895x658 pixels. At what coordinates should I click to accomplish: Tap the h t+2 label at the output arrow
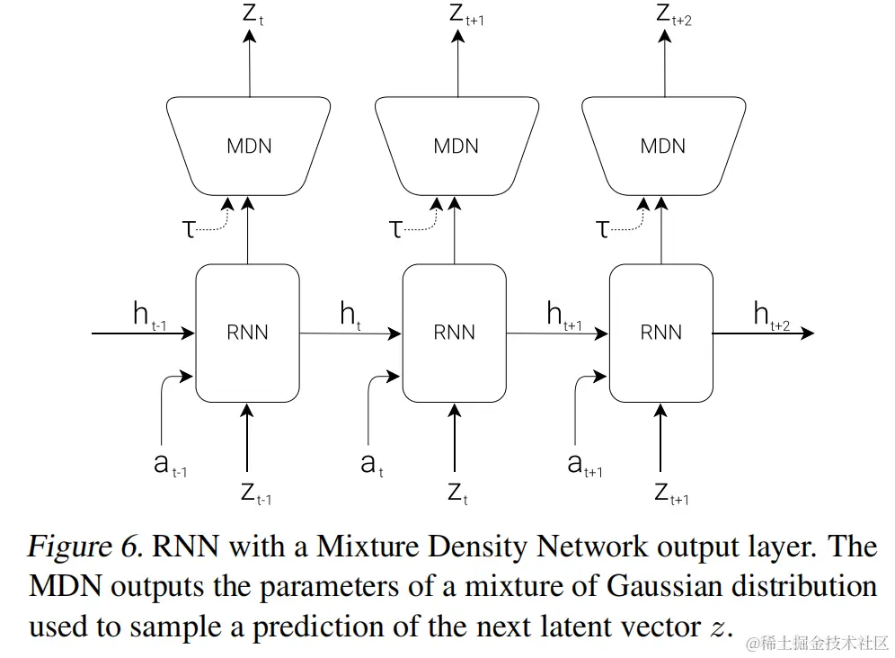pyautogui.click(x=770, y=316)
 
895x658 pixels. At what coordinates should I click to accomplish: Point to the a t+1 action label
pyautogui.click(x=584, y=465)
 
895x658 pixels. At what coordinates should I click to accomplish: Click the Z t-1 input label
pyautogui.click(x=255, y=493)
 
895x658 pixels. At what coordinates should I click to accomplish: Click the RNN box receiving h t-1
pyautogui.click(x=247, y=333)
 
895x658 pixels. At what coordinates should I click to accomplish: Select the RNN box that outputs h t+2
pyautogui.click(x=660, y=333)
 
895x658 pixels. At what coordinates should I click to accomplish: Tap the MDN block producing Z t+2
pyautogui.click(x=662, y=146)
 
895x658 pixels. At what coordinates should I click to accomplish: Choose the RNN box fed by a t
pyautogui.click(x=454, y=333)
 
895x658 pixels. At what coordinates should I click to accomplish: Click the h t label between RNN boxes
pyautogui.click(x=350, y=316)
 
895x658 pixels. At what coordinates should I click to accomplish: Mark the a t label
pyautogui.click(x=371, y=465)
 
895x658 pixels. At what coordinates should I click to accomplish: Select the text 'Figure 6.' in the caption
pyautogui.click(x=84, y=546)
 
